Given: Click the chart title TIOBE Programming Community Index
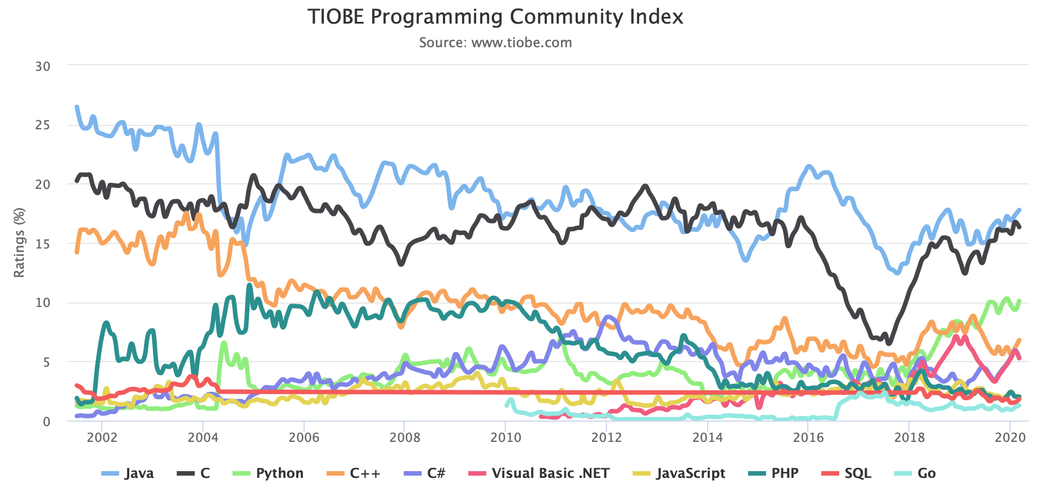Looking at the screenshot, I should [x=495, y=17].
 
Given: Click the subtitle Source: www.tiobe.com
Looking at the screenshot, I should [x=495, y=43].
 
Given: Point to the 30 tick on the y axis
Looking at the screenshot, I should [x=43, y=66].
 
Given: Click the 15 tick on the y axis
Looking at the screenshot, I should [x=43, y=244].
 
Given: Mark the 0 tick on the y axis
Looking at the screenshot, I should [x=47, y=422].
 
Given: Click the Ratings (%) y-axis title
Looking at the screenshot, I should [x=20, y=243].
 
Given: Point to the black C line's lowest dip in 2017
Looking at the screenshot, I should [x=888, y=342].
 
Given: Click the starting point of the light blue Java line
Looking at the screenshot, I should [x=77, y=107].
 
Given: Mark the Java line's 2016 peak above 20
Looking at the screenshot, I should [x=809, y=166].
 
